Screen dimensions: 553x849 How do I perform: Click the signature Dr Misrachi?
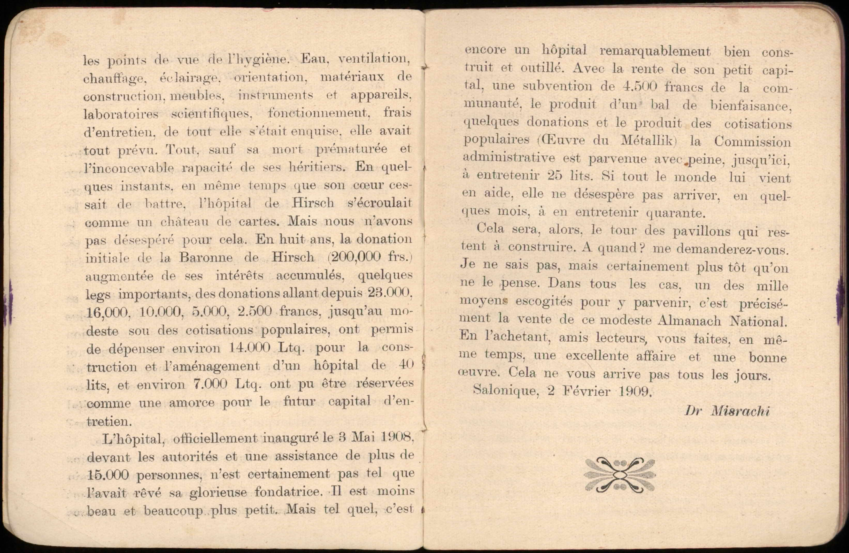(727, 411)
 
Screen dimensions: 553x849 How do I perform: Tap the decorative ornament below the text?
(620, 475)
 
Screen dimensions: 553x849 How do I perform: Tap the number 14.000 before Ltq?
(249, 348)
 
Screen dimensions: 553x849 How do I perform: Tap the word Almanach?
(689, 321)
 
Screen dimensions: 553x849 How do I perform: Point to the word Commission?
(752, 142)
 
